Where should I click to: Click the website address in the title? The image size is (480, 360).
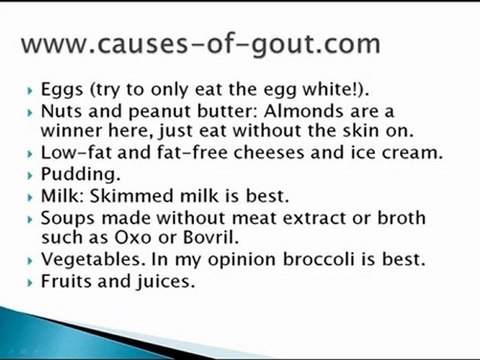[x=200, y=44]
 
